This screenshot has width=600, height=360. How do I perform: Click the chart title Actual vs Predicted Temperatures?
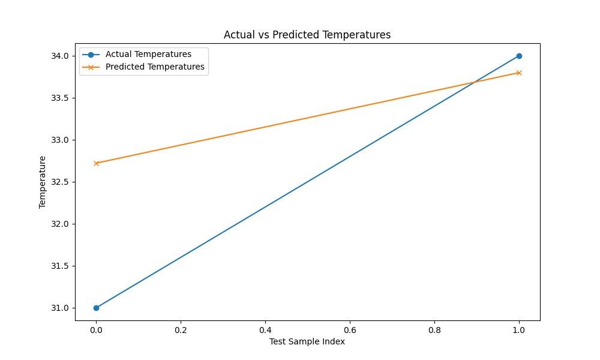[307, 35]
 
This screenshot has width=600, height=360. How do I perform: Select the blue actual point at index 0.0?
[96, 308]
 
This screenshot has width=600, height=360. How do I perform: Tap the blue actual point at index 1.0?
[519, 56]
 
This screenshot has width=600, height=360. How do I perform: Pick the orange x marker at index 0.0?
[96, 163]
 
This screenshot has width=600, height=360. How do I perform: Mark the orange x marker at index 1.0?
[519, 73]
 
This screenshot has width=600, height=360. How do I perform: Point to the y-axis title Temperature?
[42, 182]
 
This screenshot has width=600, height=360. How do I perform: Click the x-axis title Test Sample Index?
[307, 341]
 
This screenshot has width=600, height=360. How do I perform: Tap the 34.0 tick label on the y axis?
[59, 56]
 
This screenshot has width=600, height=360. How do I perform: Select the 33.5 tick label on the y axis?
[59, 98]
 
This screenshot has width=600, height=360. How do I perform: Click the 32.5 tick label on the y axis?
[59, 182]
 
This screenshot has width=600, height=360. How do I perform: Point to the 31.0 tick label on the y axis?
[59, 308]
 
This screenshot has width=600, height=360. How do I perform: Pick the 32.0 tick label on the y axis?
[59, 224]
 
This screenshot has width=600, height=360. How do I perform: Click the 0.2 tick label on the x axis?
[181, 330]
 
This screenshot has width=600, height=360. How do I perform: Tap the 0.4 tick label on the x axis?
[265, 330]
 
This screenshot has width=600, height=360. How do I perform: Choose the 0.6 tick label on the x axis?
[350, 330]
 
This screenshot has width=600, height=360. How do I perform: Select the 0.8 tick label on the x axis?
[434, 330]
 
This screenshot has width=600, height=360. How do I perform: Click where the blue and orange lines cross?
[475, 82]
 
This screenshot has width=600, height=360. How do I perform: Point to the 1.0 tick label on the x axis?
[519, 330]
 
